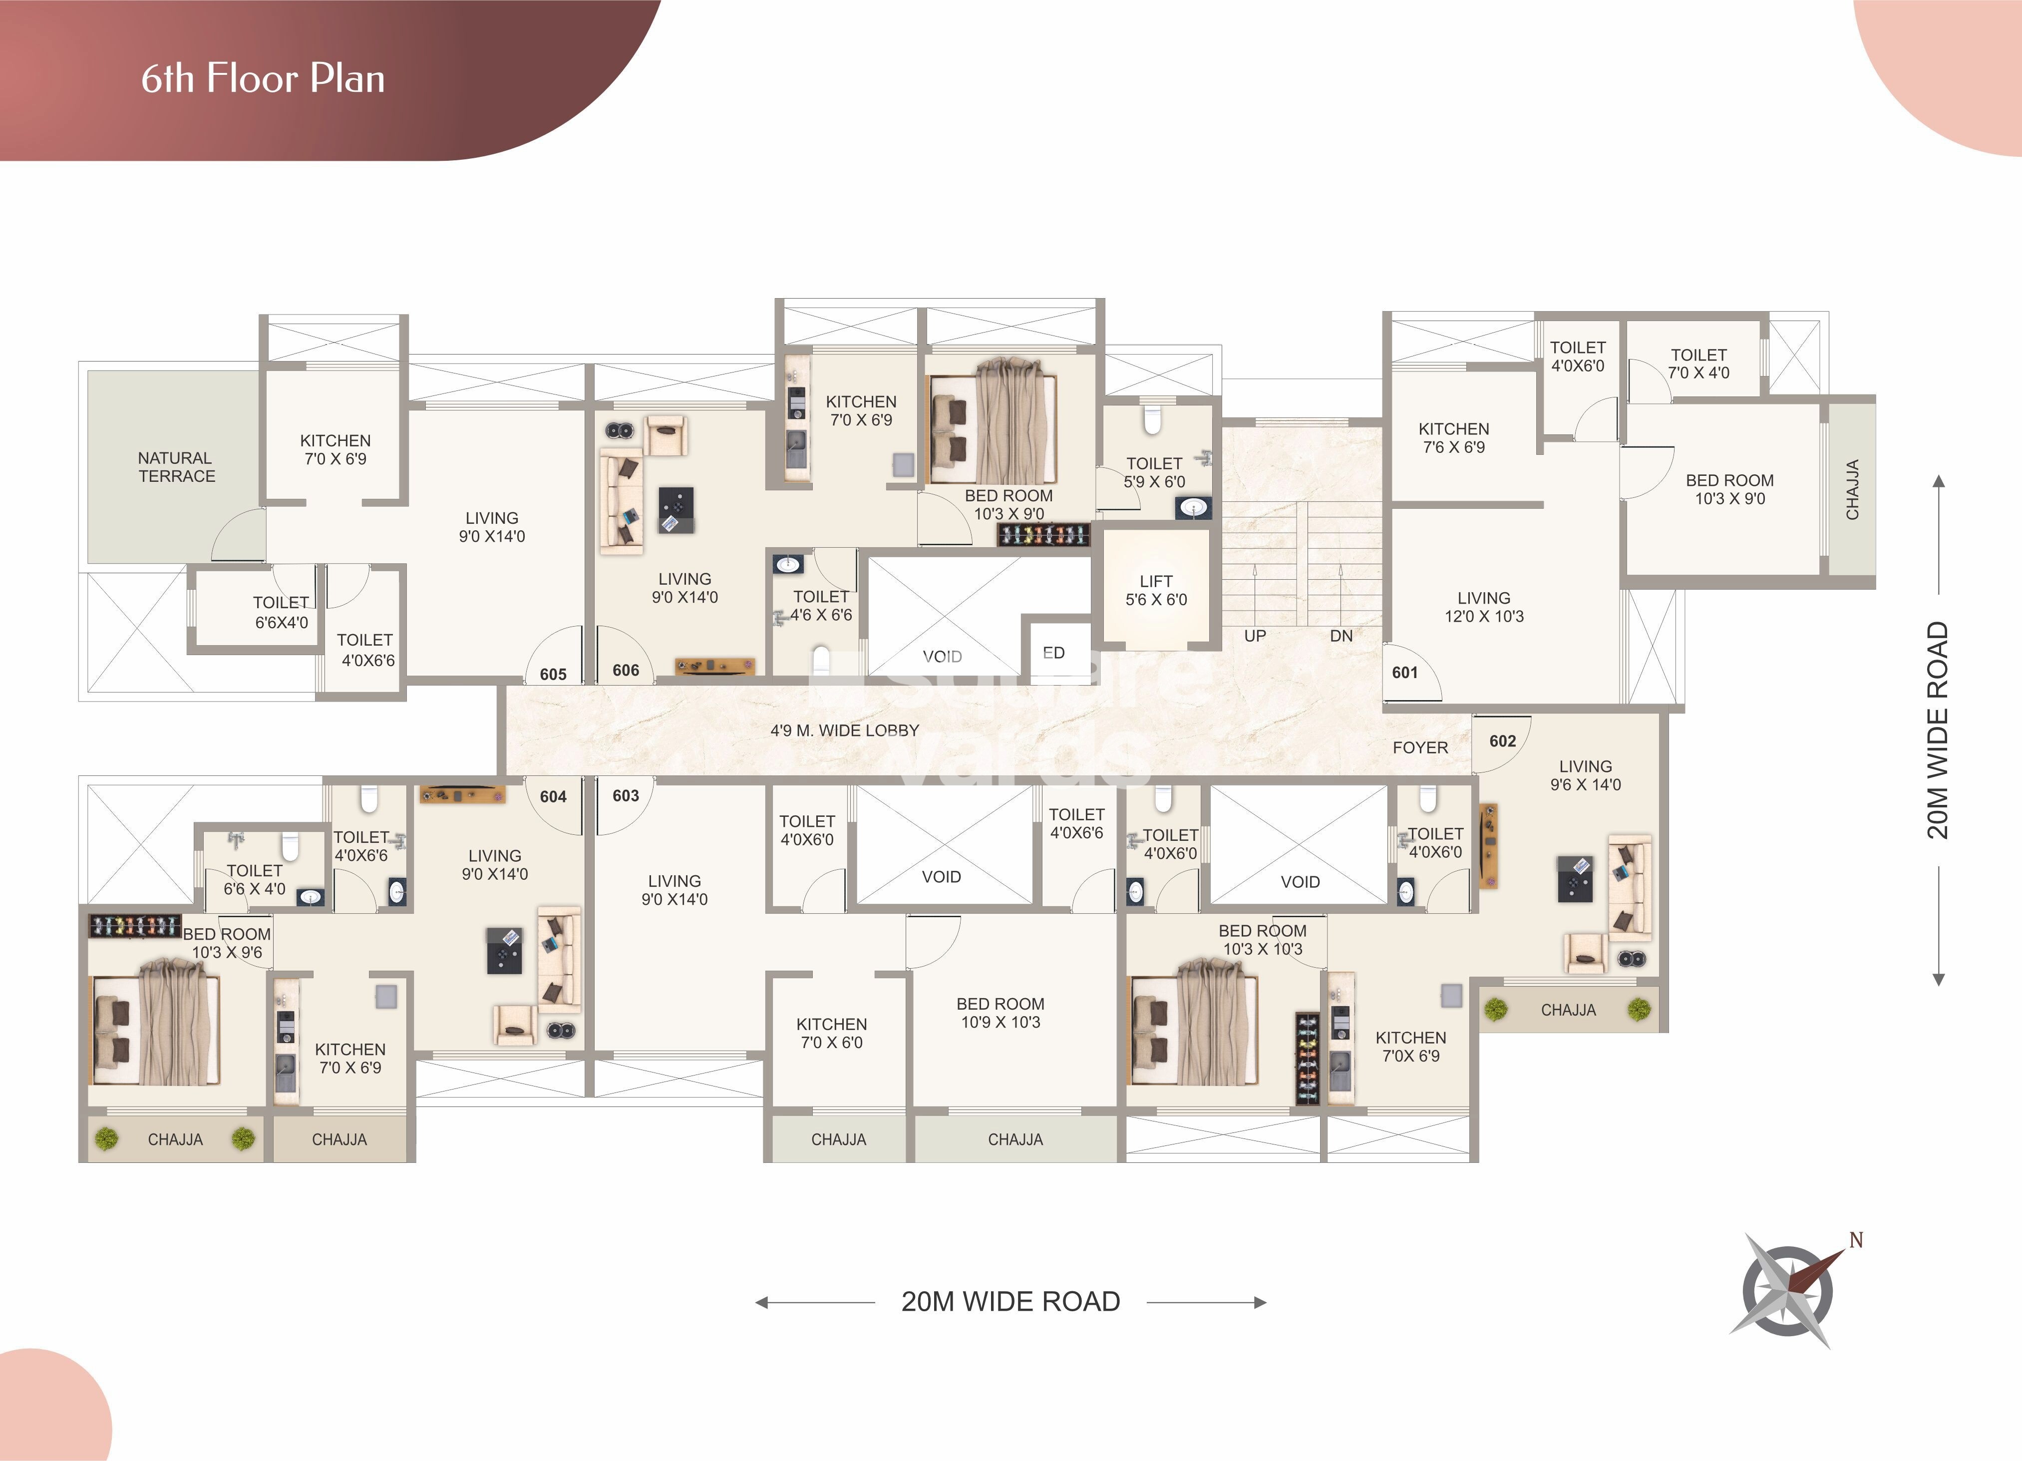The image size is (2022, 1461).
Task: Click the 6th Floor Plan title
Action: coord(263,78)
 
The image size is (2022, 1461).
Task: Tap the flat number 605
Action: coord(553,674)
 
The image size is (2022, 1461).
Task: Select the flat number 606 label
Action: coord(626,670)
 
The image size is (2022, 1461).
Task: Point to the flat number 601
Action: coord(1405,672)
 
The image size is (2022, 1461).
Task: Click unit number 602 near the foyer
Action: coord(1502,741)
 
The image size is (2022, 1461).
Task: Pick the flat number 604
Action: coord(553,796)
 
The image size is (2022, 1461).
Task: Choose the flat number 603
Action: coord(626,795)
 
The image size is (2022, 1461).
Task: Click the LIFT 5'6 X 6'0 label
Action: coord(1156,590)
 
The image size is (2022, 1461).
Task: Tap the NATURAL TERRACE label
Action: coord(177,467)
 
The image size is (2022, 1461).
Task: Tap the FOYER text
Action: coord(1420,748)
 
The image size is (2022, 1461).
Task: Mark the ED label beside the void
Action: coord(1054,653)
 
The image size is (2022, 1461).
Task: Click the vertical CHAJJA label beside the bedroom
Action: coord(1853,489)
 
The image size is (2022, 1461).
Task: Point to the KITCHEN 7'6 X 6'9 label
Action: coord(1454,438)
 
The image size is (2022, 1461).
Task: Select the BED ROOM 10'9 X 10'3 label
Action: coord(1001,1013)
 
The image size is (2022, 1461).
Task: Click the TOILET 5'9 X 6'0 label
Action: coord(1154,472)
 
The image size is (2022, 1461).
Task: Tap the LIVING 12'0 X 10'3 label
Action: coord(1484,607)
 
